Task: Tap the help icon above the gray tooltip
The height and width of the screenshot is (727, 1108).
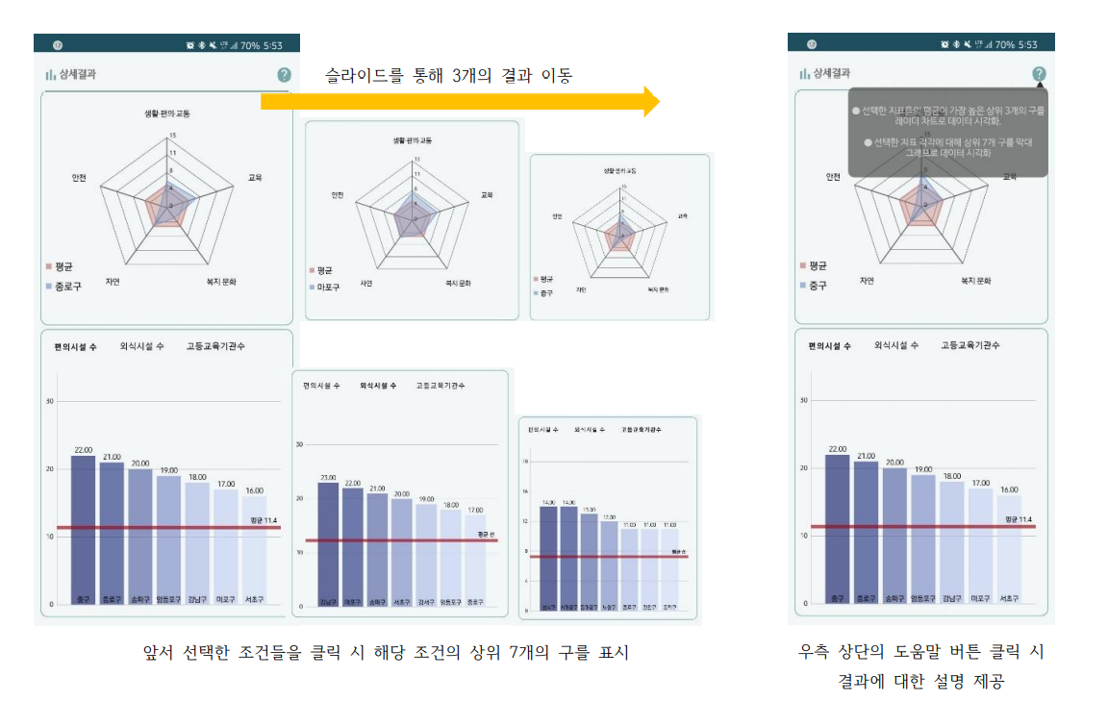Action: (1039, 74)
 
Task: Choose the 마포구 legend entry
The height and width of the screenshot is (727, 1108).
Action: (328, 287)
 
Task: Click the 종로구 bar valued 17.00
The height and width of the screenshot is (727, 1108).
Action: (475, 563)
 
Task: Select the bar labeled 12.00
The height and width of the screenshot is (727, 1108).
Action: (610, 567)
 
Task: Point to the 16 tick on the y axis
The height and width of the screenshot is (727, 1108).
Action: (525, 491)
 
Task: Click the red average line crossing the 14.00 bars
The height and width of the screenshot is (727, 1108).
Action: (558, 556)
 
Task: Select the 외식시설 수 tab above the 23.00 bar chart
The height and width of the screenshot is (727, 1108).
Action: (378, 386)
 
